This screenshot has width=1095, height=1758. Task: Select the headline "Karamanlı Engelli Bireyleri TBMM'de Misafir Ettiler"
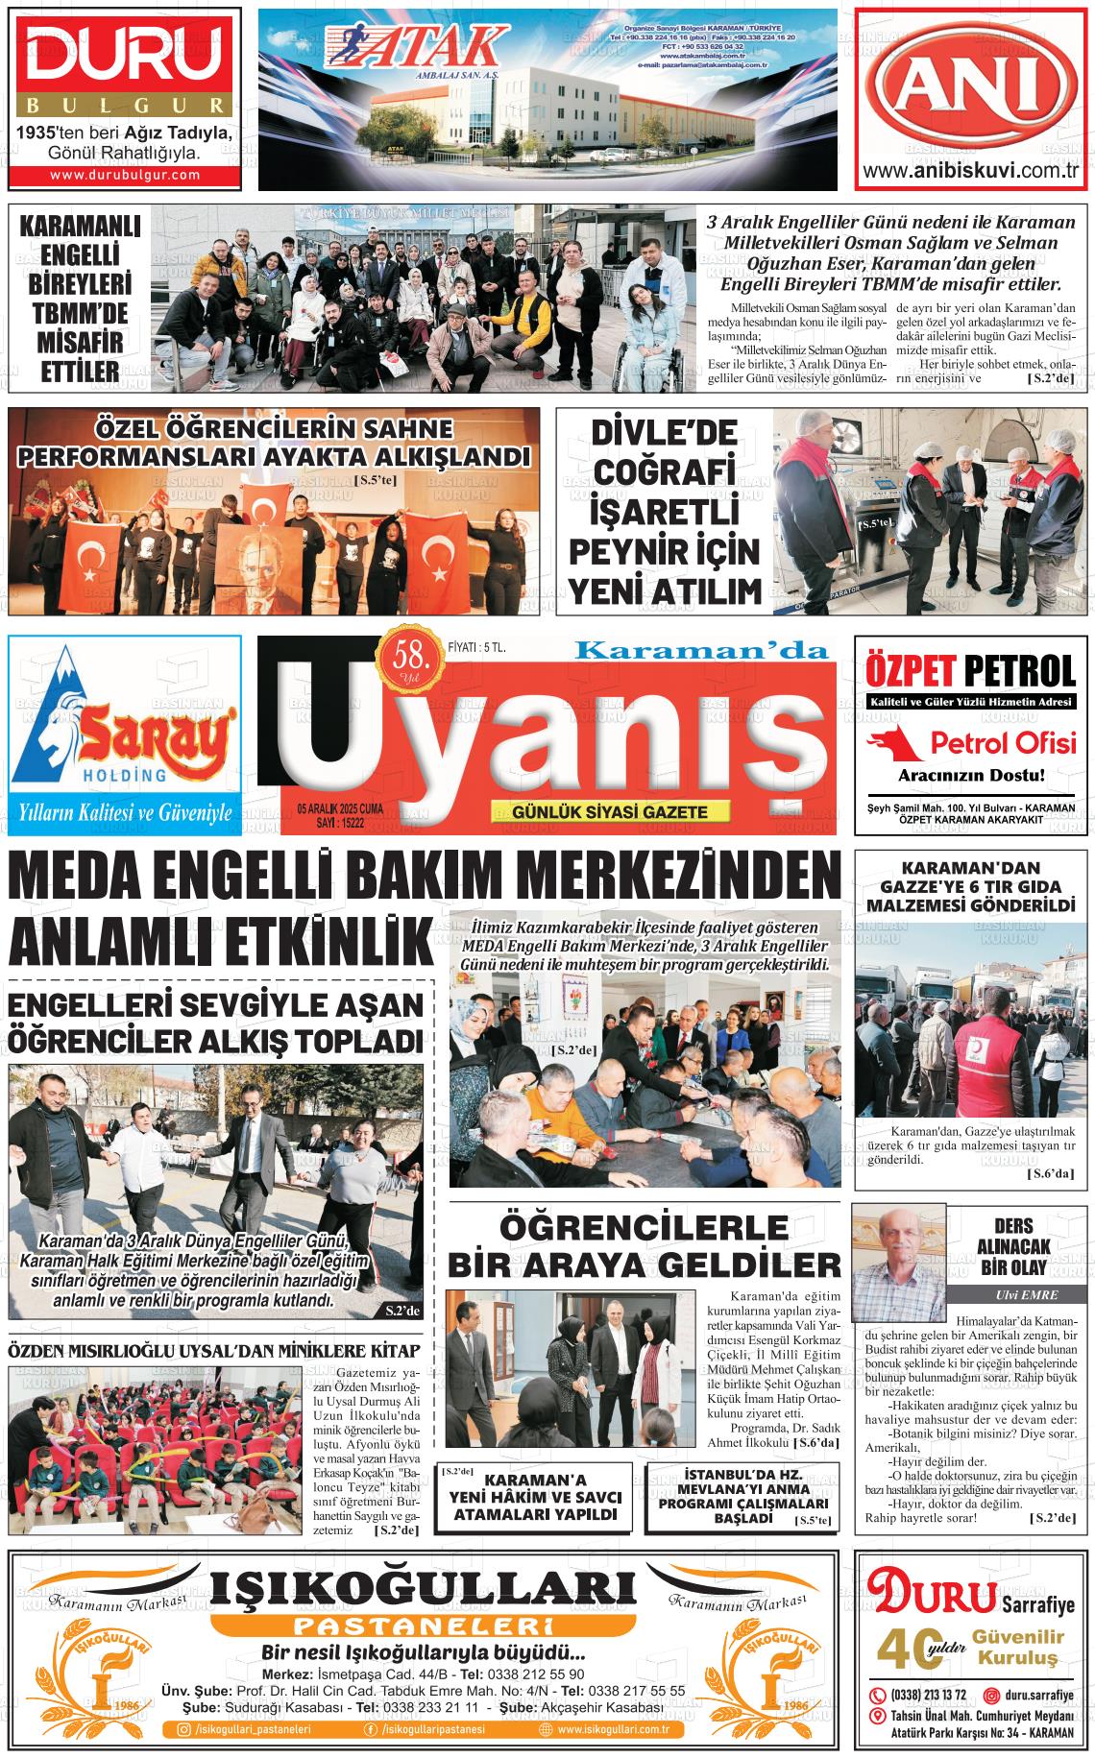click(x=81, y=298)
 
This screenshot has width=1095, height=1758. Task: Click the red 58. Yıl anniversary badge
click(x=410, y=662)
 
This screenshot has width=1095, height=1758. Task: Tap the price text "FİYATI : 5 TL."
click(x=477, y=649)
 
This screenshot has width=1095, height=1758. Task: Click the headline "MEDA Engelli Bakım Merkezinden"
click(x=418, y=878)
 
